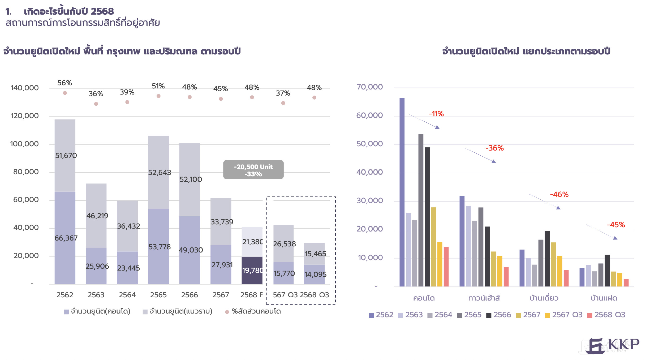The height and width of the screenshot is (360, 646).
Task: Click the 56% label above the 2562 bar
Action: click(x=64, y=83)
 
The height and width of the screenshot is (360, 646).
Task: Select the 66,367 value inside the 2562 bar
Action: click(x=66, y=238)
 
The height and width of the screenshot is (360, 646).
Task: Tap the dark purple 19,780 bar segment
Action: click(x=252, y=270)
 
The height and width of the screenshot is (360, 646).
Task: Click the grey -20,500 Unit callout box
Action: click(x=253, y=170)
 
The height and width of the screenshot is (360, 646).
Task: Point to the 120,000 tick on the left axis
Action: click(x=24, y=116)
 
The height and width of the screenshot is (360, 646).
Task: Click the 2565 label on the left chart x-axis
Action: click(x=158, y=295)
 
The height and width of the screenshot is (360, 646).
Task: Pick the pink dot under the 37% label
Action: click(x=283, y=103)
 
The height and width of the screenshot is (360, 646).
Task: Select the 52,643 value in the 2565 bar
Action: click(x=159, y=173)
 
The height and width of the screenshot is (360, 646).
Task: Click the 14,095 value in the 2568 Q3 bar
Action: click(x=315, y=274)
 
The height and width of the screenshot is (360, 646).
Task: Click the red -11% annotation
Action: click(x=436, y=114)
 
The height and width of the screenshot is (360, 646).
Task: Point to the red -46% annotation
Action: click(x=559, y=195)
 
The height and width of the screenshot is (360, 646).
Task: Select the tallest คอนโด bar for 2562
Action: click(x=402, y=191)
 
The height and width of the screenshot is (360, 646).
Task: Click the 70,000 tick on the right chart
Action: click(x=369, y=87)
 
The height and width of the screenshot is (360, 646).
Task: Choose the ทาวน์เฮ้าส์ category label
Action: click(x=484, y=298)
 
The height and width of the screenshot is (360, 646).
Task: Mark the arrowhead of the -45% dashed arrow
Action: click(x=615, y=238)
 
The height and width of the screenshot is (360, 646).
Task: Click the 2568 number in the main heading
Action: click(x=102, y=11)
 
